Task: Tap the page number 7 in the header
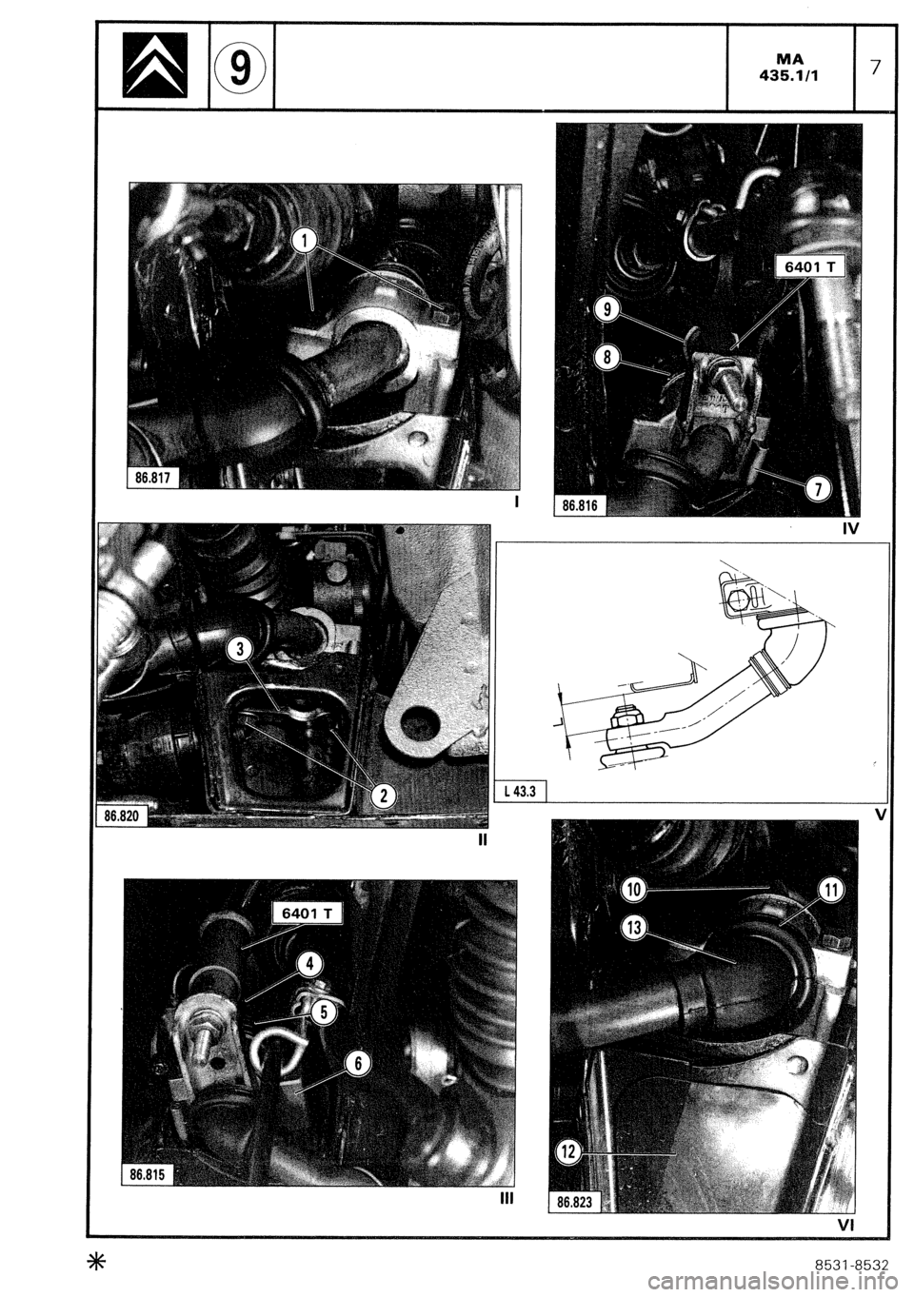(x=876, y=65)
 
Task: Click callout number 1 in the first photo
(x=303, y=241)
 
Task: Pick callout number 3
(x=241, y=649)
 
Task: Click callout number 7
(x=818, y=490)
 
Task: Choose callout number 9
(x=606, y=307)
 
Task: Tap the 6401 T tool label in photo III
(x=307, y=914)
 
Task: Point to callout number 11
(x=830, y=891)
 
